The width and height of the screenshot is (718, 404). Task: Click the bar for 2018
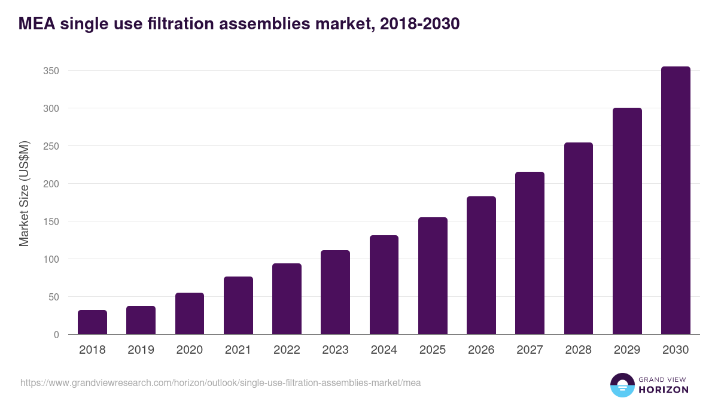click(x=92, y=323)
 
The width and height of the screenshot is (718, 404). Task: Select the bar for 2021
click(x=238, y=306)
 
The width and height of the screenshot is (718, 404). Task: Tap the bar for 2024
click(x=384, y=285)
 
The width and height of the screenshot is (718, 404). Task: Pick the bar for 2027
click(x=530, y=253)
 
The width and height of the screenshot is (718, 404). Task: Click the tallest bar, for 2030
click(x=676, y=201)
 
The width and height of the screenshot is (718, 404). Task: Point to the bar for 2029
click(x=627, y=221)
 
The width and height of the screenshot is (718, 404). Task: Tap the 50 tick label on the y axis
click(x=53, y=297)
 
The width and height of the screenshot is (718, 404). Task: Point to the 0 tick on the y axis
click(x=56, y=335)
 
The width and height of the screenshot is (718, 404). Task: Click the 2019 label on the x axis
click(x=141, y=350)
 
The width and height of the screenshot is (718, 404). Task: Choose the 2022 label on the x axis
click(x=287, y=350)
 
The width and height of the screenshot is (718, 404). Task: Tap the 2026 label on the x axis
click(x=481, y=350)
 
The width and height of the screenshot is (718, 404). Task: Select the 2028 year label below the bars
click(x=579, y=350)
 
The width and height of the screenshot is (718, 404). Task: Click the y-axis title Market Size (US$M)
click(x=24, y=193)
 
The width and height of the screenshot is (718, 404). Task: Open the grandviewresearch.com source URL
click(x=220, y=382)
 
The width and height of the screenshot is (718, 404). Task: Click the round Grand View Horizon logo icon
click(x=622, y=385)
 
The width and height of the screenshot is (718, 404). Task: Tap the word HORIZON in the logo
click(x=664, y=390)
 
